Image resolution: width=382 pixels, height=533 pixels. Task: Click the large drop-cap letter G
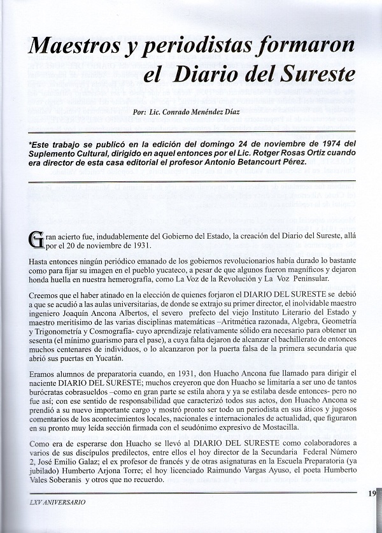(x=36, y=240)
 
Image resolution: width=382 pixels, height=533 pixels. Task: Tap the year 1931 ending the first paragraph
(x=135, y=245)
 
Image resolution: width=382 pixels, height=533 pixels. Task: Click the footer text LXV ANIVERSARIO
(x=58, y=502)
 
